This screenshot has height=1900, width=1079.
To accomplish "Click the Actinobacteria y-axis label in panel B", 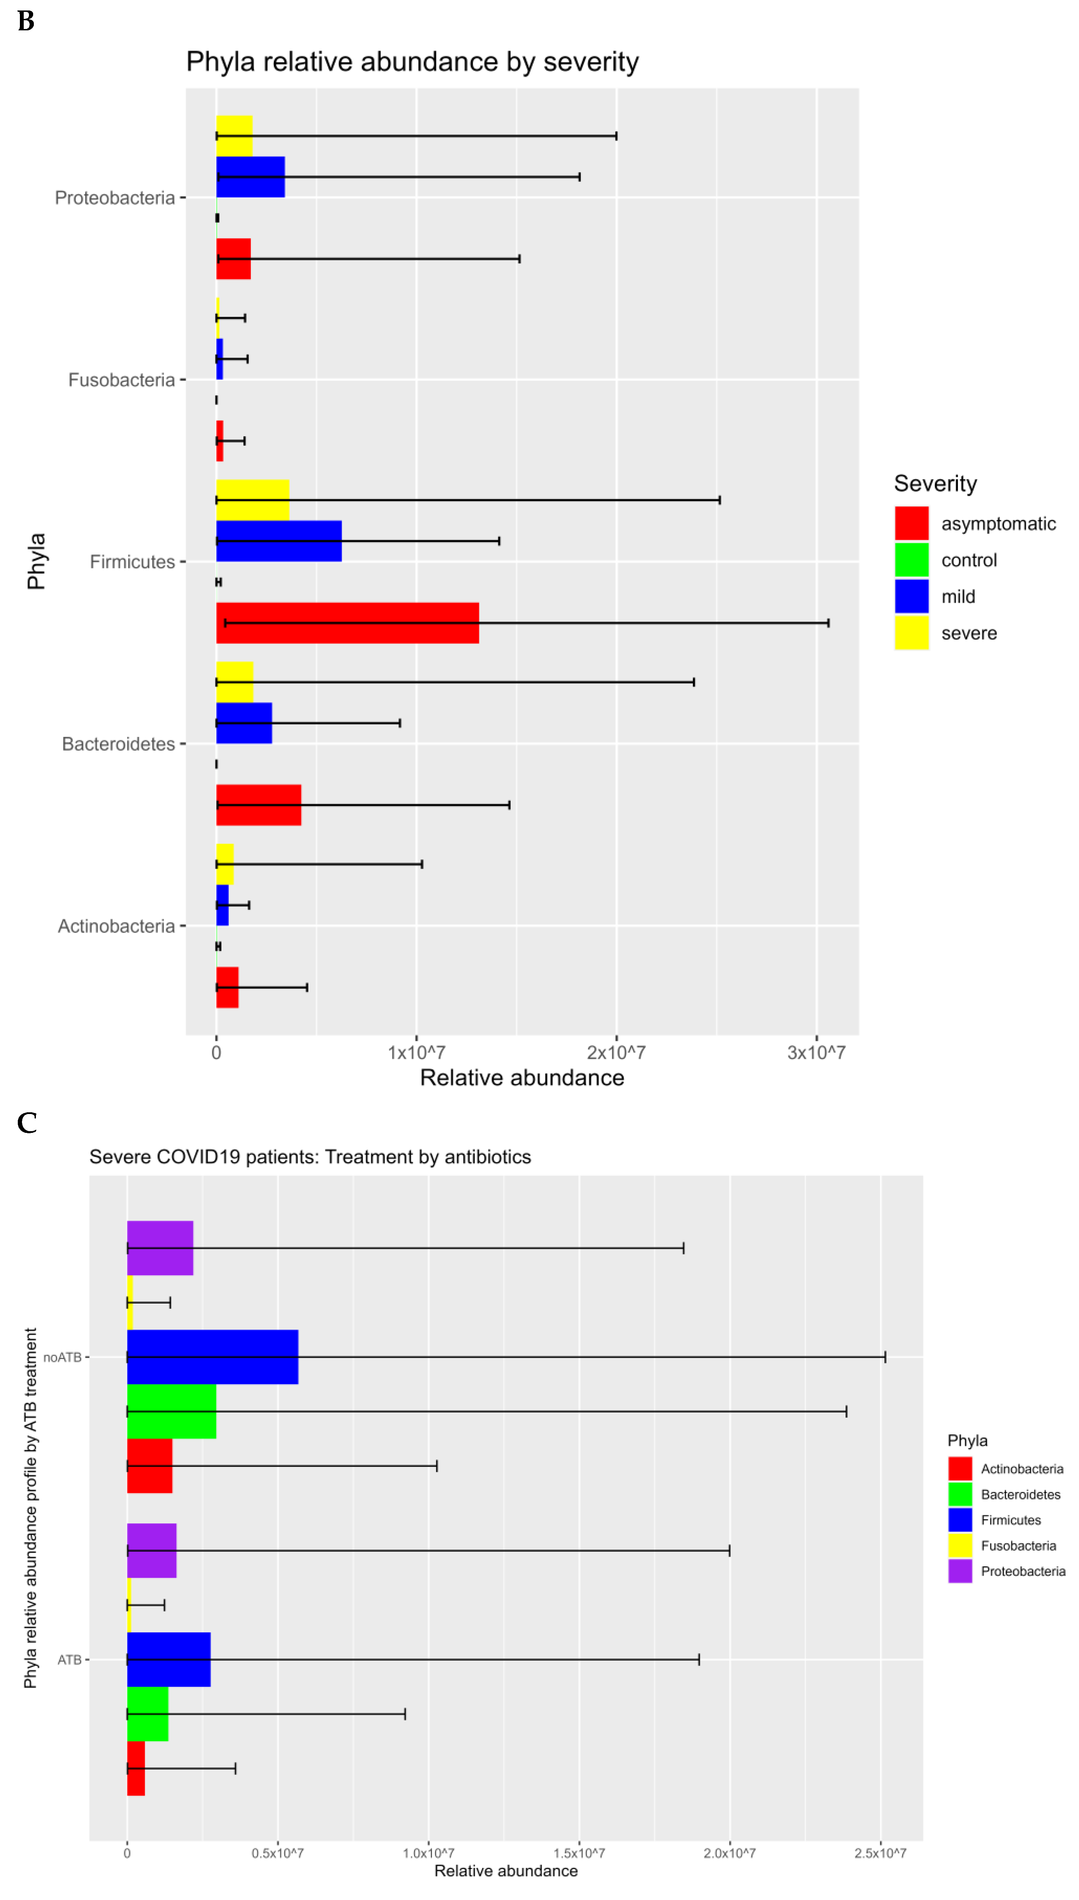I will tap(117, 926).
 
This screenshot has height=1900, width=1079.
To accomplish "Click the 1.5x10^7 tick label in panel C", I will tap(579, 1853).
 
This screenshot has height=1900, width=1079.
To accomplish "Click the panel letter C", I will tap(27, 1122).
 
